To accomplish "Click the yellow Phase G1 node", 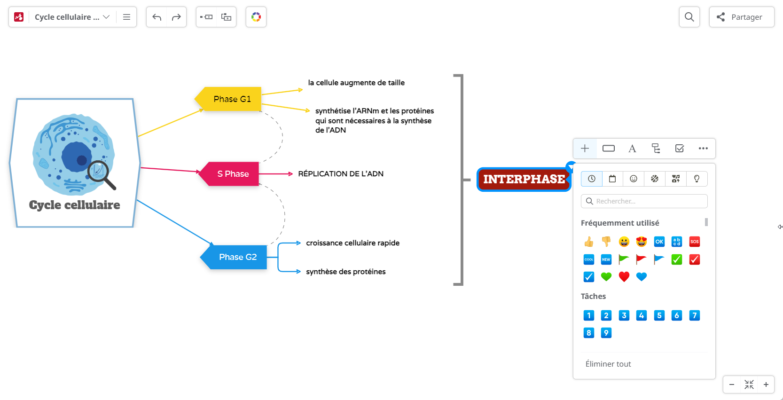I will click(232, 99).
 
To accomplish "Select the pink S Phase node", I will click(233, 174).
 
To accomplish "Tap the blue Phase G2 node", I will click(237, 257).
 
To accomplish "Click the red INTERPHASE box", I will click(524, 180).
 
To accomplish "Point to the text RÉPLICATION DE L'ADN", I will click(340, 174).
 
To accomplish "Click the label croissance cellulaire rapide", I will click(352, 243).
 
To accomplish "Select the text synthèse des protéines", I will click(345, 272).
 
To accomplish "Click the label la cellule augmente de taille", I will click(356, 83).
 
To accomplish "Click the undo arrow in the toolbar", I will click(157, 17).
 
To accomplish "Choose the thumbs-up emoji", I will click(588, 242).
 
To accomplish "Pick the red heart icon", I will click(624, 277).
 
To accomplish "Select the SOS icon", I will click(694, 242).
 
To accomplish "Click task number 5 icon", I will click(659, 315).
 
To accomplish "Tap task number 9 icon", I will click(606, 333).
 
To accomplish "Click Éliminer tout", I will click(608, 364).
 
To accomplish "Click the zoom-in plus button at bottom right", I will click(766, 384).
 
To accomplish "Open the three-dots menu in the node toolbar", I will click(703, 149).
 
